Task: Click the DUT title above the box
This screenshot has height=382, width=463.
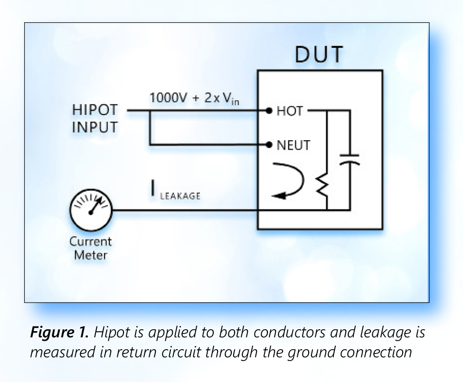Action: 319,55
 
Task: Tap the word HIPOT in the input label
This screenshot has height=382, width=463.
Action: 94,111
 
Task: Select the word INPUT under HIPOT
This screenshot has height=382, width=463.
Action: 94,128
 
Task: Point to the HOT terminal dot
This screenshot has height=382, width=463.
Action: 269,111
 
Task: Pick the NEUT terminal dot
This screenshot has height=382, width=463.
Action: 269,144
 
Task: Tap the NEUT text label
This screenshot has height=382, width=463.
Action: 293,144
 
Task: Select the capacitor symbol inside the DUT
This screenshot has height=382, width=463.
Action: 350,159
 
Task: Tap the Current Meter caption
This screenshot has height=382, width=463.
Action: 90,248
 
